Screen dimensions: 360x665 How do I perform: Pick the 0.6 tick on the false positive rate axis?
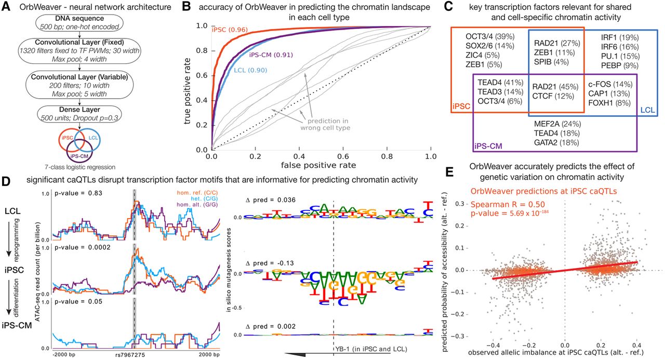click(x=342, y=156)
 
